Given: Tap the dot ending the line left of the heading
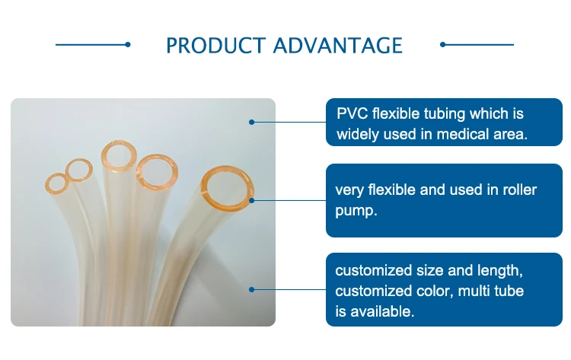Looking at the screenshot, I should (128, 44).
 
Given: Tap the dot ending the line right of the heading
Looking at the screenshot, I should (443, 44).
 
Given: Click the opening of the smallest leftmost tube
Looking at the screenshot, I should (56, 183).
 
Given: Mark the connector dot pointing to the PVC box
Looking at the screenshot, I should (252, 121).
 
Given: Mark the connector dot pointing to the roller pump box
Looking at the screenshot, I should (252, 201).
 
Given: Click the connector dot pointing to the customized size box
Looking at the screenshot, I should (252, 289).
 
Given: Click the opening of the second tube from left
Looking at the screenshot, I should (77, 168).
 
